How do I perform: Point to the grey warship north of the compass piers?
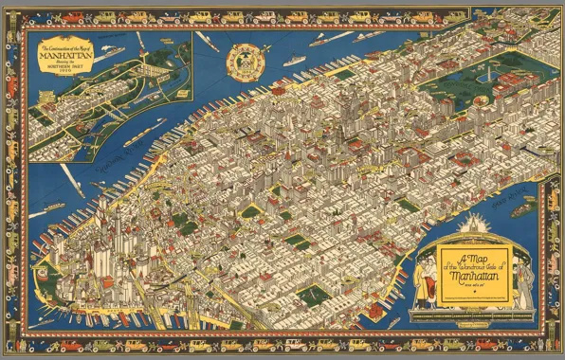click(294, 61)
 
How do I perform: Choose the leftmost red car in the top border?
click(45, 16)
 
